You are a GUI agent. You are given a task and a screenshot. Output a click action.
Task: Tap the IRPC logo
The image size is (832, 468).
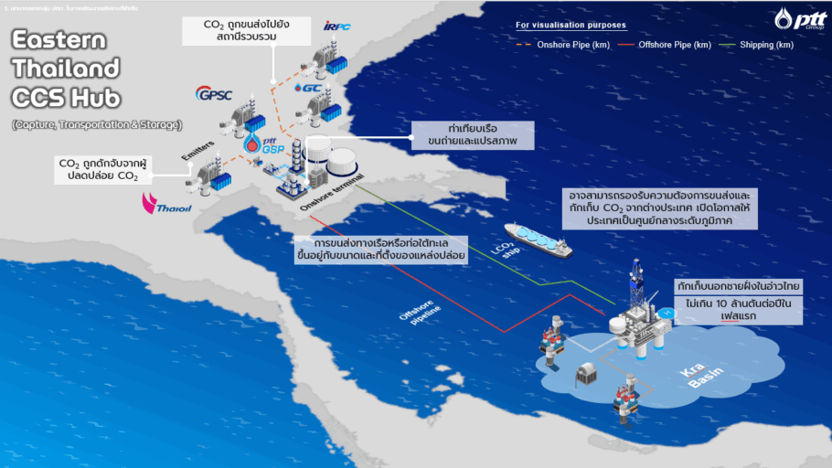tap(336, 26)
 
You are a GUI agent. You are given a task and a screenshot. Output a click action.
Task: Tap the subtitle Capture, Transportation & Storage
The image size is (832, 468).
tap(97, 123)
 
